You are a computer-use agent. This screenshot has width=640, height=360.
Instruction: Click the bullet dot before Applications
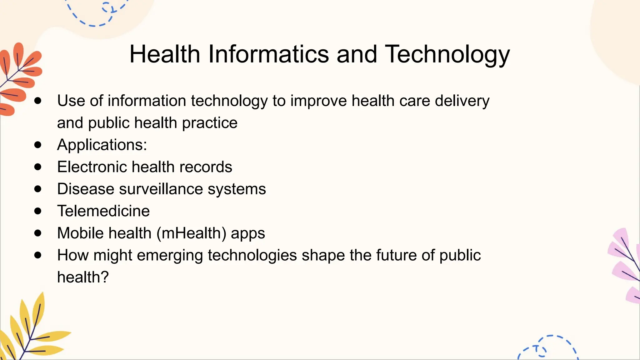pyautogui.click(x=38, y=145)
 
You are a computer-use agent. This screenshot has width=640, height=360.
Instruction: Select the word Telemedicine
pyautogui.click(x=103, y=211)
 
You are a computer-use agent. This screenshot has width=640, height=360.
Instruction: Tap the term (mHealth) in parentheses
pyautogui.click(x=191, y=233)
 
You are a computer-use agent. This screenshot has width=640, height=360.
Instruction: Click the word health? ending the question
pyautogui.click(x=83, y=277)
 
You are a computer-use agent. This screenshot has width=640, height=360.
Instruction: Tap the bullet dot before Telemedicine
pyautogui.click(x=38, y=211)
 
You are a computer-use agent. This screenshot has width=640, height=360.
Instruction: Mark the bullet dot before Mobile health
pyautogui.click(x=38, y=233)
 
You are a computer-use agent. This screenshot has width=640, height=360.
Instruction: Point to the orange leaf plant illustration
pyautogui.click(x=19, y=78)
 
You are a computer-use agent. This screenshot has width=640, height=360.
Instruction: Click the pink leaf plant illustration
pyautogui.click(x=625, y=266)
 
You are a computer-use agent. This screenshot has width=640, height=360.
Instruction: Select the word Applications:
pyautogui.click(x=102, y=145)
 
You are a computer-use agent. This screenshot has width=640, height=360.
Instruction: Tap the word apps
pyautogui.click(x=248, y=233)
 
